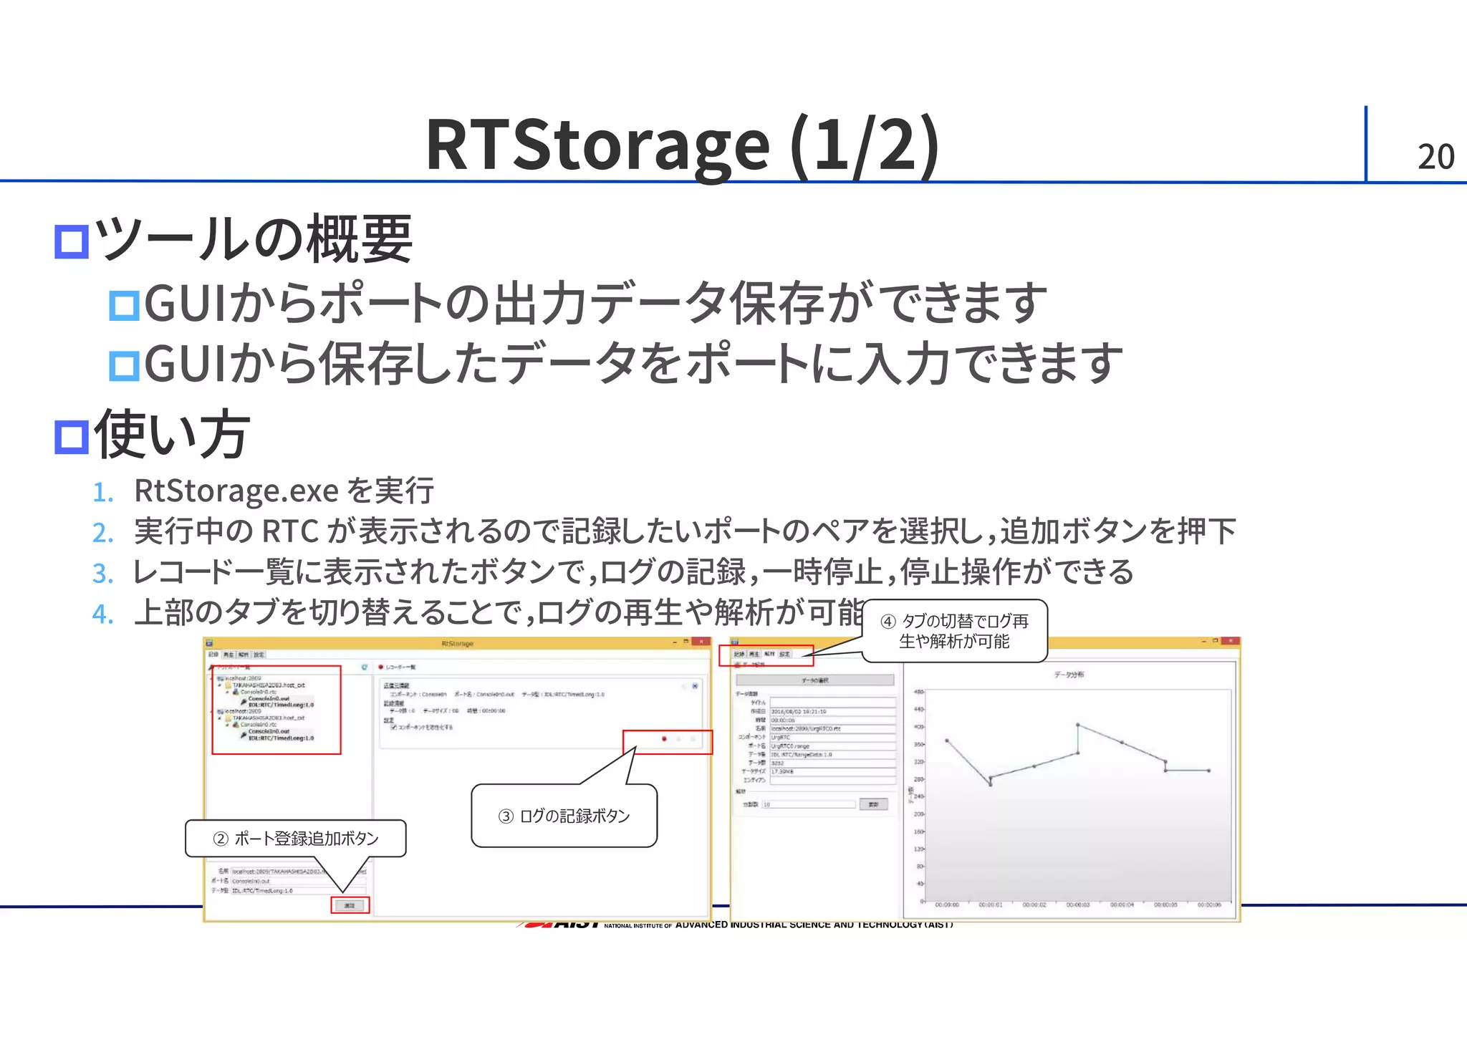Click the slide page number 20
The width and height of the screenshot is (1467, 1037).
click(1435, 157)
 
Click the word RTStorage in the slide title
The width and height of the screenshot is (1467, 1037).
click(597, 145)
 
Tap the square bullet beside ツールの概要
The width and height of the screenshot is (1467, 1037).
click(72, 241)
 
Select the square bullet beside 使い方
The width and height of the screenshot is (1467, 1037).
click(72, 436)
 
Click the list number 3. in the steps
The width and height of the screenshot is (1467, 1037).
click(102, 574)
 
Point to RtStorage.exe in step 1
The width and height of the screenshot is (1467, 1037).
click(236, 491)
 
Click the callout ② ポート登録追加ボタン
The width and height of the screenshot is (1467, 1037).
click(296, 839)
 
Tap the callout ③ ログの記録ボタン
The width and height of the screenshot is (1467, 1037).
click(564, 816)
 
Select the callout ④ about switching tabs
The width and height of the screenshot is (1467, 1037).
click(954, 631)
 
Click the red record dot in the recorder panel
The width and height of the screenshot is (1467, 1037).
click(665, 738)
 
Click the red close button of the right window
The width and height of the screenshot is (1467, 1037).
click(1230, 642)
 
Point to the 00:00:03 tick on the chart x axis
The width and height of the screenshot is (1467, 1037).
click(1077, 905)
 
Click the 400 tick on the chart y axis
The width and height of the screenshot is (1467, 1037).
click(919, 727)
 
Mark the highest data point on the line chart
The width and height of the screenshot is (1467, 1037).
click(1077, 725)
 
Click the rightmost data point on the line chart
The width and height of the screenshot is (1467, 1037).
click(1209, 771)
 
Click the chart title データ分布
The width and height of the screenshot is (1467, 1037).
click(1069, 675)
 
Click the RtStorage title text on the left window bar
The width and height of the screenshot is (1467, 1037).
click(457, 644)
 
